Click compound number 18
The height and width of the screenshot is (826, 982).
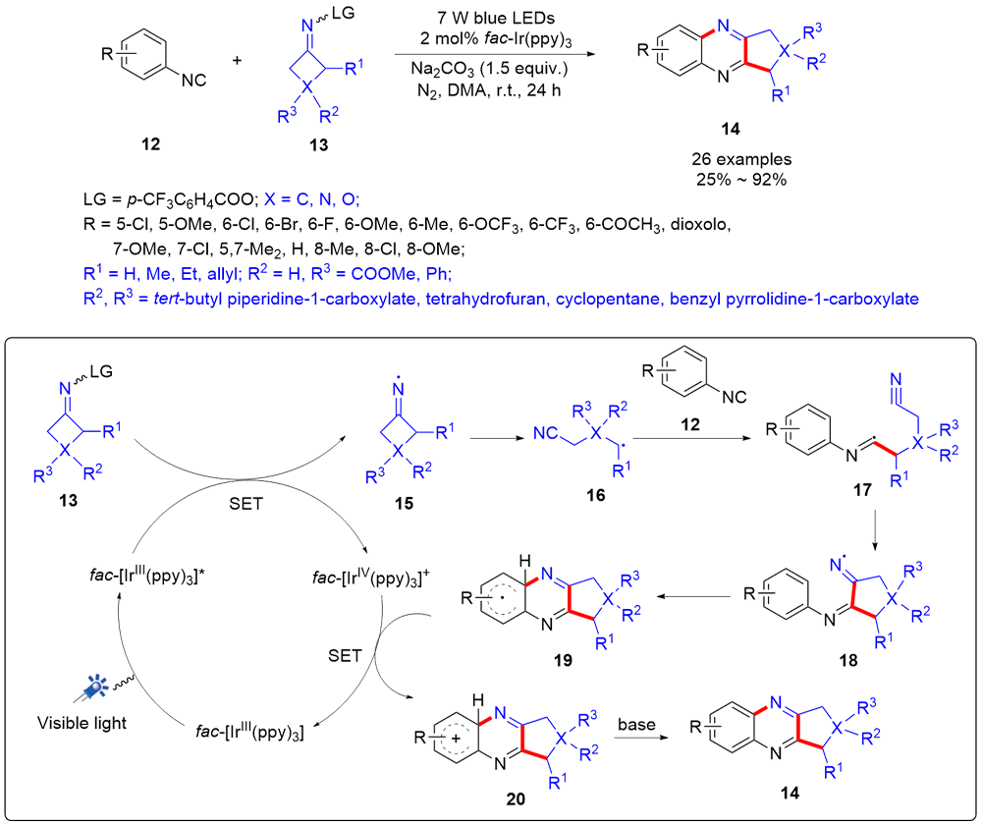[x=845, y=660]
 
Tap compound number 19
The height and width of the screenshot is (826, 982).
[x=564, y=661]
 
